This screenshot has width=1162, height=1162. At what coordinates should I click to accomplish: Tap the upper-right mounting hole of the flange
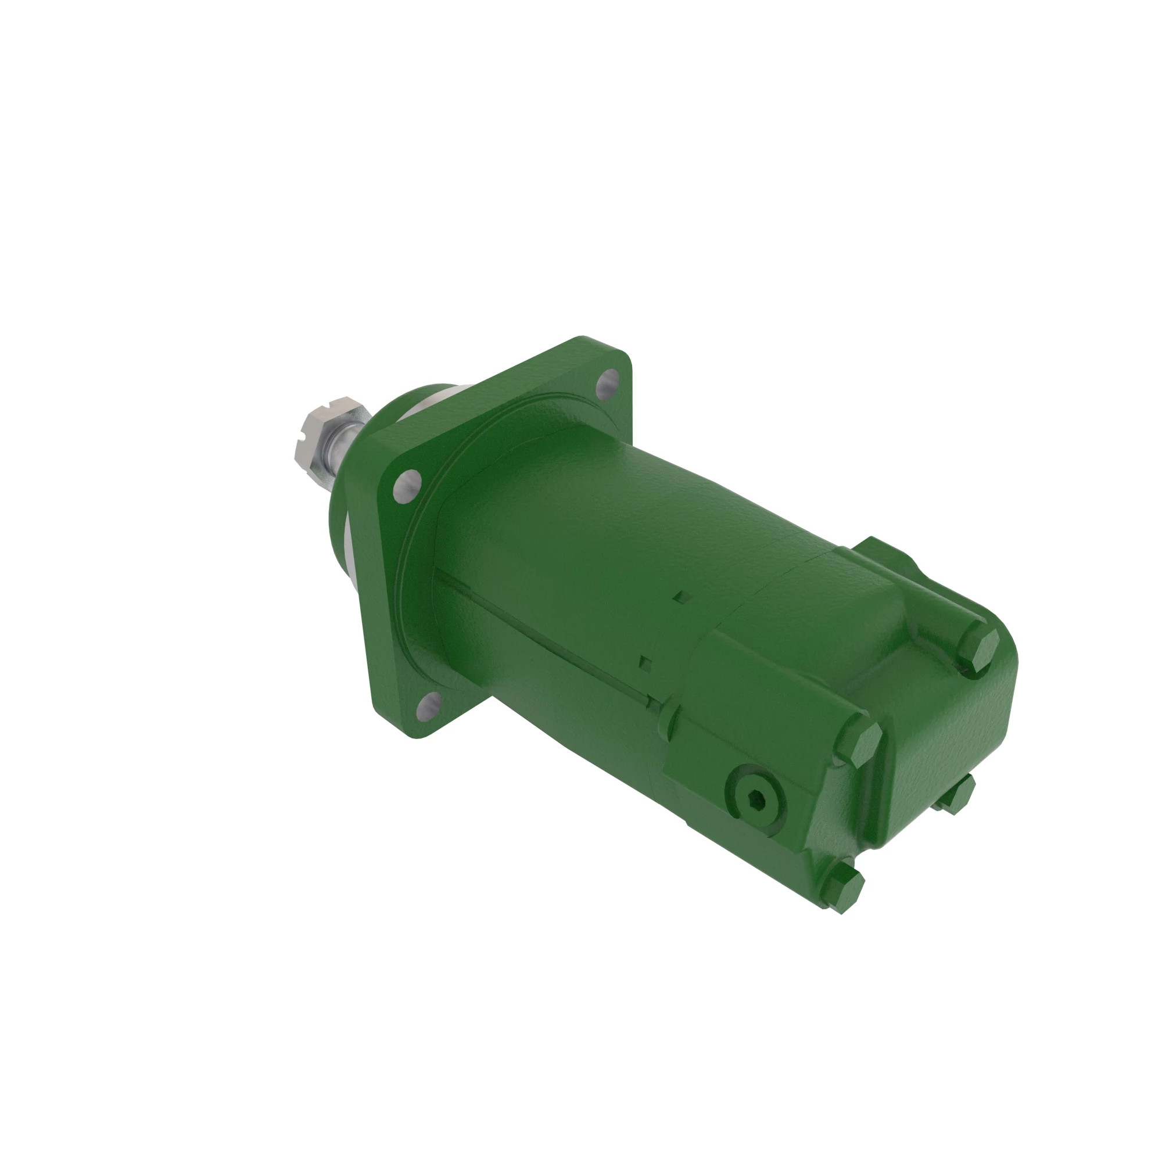tap(609, 381)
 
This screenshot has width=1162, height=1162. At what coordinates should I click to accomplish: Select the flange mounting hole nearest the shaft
tap(407, 485)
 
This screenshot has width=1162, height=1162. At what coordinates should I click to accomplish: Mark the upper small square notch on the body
tap(681, 596)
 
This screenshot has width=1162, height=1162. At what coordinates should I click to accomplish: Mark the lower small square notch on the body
tap(646, 662)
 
